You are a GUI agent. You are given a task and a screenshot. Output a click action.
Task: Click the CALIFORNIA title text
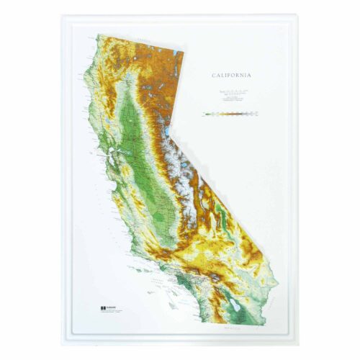click(x=233, y=74)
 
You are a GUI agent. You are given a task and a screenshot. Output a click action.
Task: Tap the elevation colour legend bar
click(x=231, y=114)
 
